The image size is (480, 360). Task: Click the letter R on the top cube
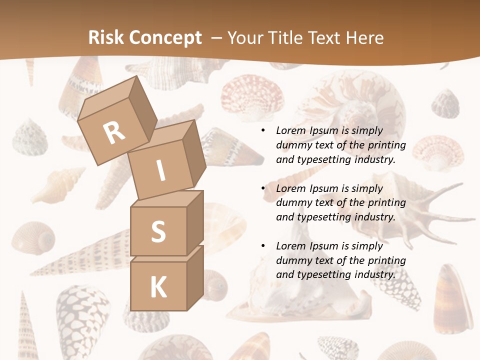114,133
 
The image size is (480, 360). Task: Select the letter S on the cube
158,231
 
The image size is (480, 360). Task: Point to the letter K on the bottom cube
158,287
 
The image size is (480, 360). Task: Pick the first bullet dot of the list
263,131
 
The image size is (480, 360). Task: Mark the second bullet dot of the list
263,188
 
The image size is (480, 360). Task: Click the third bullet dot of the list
263,246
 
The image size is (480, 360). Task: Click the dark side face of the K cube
195,280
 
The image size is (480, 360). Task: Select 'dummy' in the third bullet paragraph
293,260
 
